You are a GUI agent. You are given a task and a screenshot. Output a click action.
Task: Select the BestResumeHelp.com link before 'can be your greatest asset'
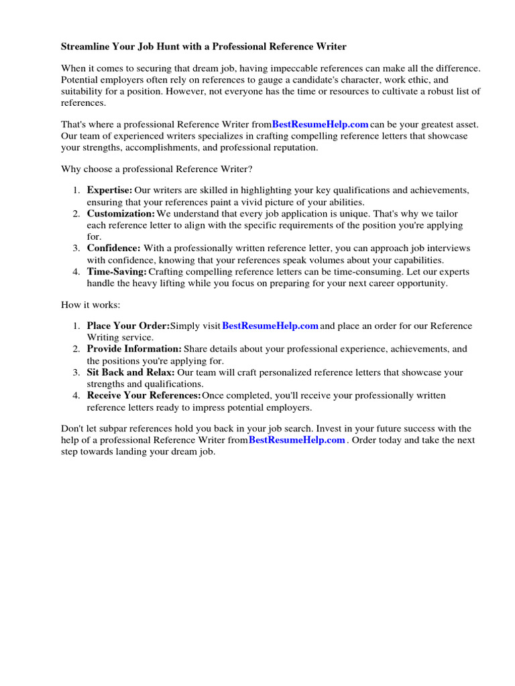point(320,125)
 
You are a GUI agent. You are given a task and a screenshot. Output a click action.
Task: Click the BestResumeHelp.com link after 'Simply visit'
point(270,326)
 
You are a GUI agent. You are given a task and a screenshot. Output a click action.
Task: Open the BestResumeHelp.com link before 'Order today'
point(296,440)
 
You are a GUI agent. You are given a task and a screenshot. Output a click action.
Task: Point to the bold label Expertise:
point(109,190)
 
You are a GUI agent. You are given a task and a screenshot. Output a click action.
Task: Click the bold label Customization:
point(121,214)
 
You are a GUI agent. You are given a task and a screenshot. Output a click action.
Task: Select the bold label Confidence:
point(113,249)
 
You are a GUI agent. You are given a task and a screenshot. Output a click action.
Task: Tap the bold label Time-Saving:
point(117,272)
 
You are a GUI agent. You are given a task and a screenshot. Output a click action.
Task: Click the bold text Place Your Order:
point(128,326)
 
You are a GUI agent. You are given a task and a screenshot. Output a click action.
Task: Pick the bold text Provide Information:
point(134,350)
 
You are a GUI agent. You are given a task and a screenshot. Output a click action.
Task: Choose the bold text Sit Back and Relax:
point(131,372)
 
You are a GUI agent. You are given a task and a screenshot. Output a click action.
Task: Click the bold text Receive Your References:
point(144,396)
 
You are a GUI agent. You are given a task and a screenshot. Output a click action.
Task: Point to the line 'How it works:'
point(91,305)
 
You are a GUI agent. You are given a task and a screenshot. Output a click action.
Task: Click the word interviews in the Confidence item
point(449,249)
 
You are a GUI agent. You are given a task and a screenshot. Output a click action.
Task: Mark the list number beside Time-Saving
point(76,272)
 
